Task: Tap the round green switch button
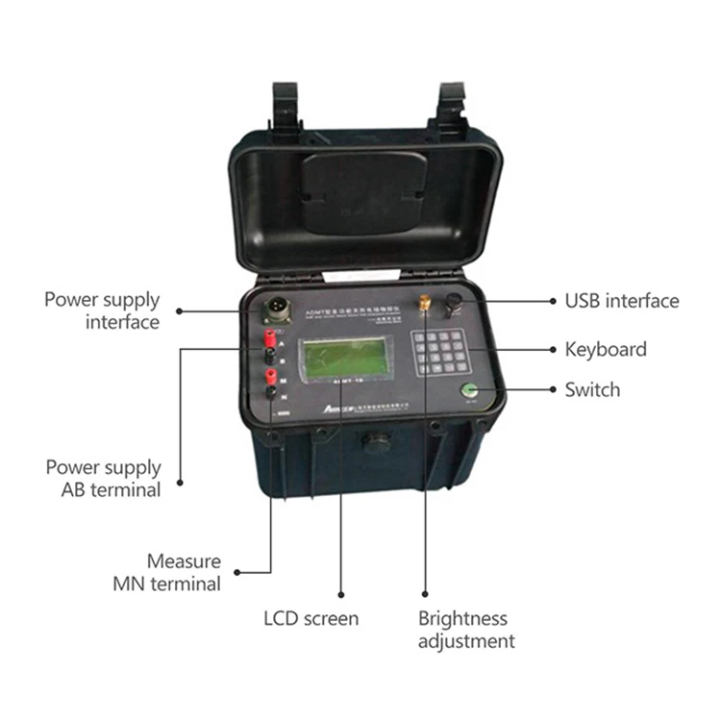tap(470, 390)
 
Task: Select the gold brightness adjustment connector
tap(423, 303)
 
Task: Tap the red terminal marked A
tap(271, 336)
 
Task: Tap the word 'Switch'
tap(592, 389)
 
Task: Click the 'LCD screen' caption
tap(311, 618)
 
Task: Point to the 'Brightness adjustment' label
tap(465, 630)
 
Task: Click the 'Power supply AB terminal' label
tap(104, 478)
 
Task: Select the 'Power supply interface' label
tap(102, 311)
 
